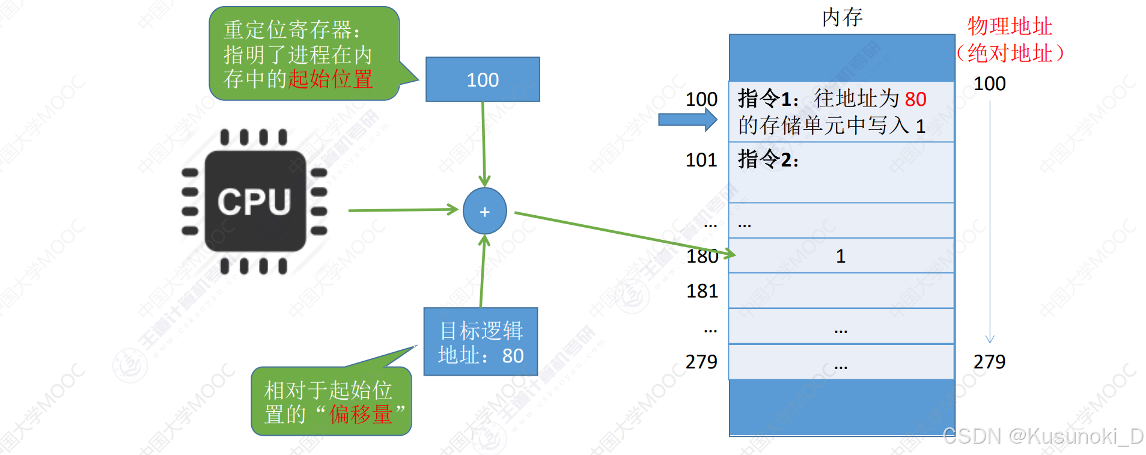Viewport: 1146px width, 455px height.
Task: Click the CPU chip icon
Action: pyautogui.click(x=255, y=201)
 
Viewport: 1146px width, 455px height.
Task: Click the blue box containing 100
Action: pyautogui.click(x=483, y=79)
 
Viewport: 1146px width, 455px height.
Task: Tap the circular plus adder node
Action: pyautogui.click(x=484, y=211)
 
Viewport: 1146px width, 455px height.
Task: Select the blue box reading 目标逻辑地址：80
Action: pyautogui.click(x=481, y=342)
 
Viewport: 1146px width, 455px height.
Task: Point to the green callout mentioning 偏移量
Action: pyautogui.click(x=331, y=402)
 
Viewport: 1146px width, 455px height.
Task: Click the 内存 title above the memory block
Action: pyautogui.click(x=842, y=17)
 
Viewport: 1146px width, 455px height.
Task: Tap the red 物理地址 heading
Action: pyautogui.click(x=1010, y=26)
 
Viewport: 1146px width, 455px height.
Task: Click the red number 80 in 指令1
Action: pyautogui.click(x=915, y=99)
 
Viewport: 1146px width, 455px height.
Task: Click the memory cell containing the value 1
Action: pyautogui.click(x=841, y=256)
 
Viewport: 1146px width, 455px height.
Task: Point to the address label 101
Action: pyautogui.click(x=701, y=160)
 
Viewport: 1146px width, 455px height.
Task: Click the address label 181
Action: pyautogui.click(x=702, y=291)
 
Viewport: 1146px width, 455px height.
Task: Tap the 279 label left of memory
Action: pyautogui.click(x=701, y=361)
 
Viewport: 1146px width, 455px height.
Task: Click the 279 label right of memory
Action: pyautogui.click(x=989, y=361)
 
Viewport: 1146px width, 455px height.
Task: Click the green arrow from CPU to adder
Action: pyautogui.click(x=403, y=210)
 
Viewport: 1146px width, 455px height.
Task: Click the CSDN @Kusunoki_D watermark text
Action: pyautogui.click(x=1043, y=436)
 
